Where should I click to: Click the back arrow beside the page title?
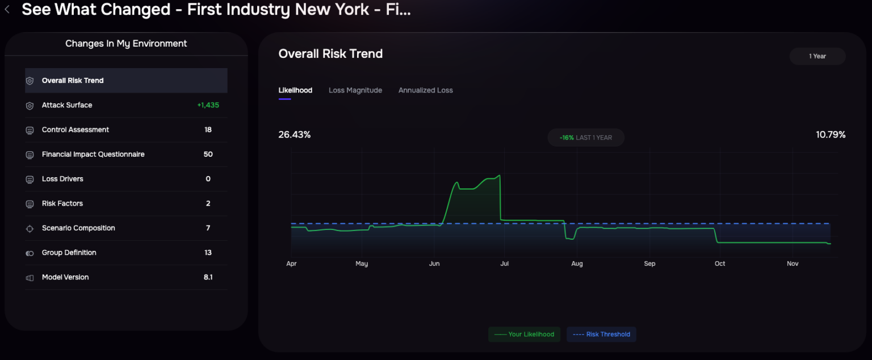tap(7, 10)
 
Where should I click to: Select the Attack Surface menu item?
tap(67, 105)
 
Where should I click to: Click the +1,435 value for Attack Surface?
tap(208, 105)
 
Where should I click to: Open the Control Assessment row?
tap(76, 130)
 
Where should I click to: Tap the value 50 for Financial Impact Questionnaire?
tap(208, 154)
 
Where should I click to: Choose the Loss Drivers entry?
tap(62, 179)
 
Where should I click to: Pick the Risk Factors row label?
tap(62, 203)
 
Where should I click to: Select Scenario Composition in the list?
tap(78, 228)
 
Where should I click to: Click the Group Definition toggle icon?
tap(30, 253)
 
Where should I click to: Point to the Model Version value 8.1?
tap(208, 277)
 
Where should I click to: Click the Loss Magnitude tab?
tap(355, 90)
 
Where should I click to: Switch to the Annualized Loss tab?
tap(426, 90)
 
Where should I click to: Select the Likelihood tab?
tap(295, 90)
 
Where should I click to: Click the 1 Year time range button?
tap(817, 56)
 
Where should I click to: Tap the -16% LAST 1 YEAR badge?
tap(586, 138)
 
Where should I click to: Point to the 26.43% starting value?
tap(295, 135)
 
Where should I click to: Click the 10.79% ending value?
tap(831, 135)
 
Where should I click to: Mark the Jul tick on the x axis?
tap(505, 263)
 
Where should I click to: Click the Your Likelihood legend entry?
tap(525, 334)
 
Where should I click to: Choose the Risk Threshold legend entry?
tap(602, 334)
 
